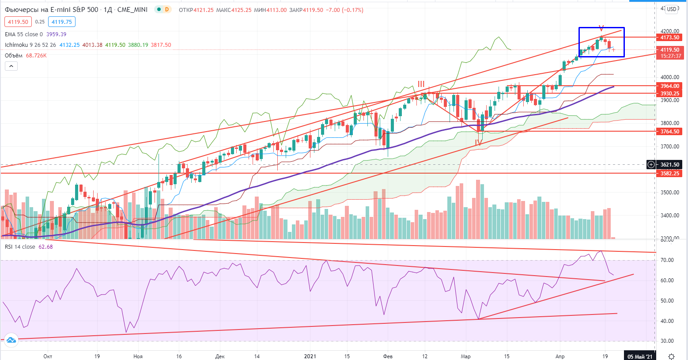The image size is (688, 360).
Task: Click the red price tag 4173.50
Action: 669,38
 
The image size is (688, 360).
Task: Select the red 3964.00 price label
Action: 669,86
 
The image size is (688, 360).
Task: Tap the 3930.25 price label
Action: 669,94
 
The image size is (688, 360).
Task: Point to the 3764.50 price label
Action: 669,132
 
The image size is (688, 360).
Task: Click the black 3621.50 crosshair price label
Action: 669,165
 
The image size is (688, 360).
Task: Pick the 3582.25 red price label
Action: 669,174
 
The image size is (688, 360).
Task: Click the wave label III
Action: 421,84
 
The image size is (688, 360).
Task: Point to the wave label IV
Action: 478,143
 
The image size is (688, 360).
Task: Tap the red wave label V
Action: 601,28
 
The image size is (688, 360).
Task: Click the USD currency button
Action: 672,9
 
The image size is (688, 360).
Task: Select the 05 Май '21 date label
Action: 639,356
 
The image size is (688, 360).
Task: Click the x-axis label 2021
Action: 310,356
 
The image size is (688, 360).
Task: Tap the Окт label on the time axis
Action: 48,356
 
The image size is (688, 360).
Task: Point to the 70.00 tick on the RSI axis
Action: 667,260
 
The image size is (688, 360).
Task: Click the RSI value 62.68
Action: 45,247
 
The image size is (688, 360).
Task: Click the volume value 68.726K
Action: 36,56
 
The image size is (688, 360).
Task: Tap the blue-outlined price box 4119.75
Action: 62,22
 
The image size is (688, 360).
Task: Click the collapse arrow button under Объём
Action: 11,66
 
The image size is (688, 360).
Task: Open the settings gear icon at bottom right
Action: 671,356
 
